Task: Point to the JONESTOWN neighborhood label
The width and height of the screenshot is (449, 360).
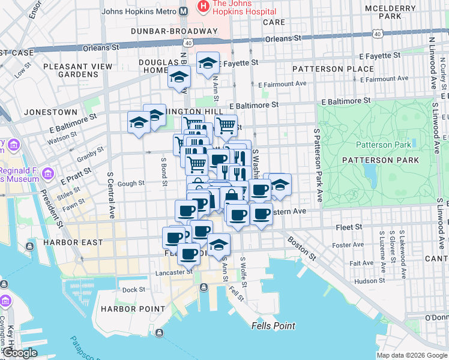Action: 50,112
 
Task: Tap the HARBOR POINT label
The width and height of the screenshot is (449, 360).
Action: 133,309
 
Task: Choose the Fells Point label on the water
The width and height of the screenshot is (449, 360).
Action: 273,326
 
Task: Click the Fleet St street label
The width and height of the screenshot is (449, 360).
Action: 350,227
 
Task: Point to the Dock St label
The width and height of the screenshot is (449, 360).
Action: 134,290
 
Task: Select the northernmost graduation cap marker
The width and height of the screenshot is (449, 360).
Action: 208,62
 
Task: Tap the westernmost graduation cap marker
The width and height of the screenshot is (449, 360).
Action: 139,123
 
